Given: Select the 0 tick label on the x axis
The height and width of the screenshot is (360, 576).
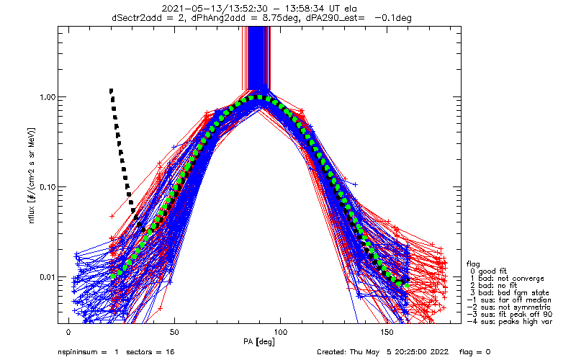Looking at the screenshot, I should point(68,332).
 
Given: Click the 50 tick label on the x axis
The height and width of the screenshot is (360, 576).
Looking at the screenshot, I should point(174,332).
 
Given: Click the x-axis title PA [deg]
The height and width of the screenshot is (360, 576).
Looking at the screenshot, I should point(258,342).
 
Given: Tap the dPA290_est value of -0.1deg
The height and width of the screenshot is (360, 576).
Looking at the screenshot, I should point(392,17).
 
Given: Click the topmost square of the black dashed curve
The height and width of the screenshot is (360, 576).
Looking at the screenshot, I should point(111,91).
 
